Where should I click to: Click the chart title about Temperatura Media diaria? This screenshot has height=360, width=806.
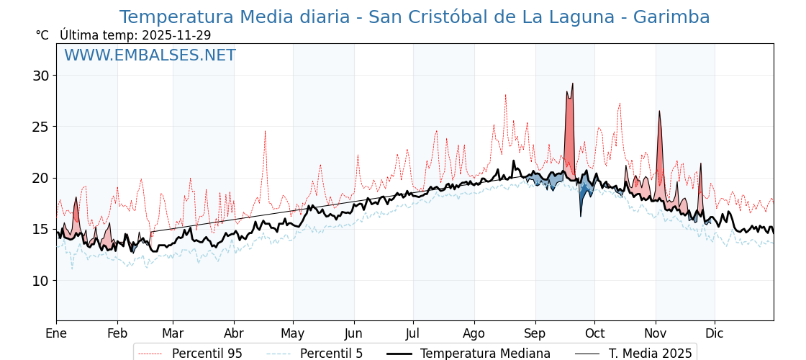pyautogui.click(x=415, y=17)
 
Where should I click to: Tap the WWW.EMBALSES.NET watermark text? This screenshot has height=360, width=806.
pyautogui.click(x=150, y=55)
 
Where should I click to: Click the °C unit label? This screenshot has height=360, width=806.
pyautogui.click(x=42, y=35)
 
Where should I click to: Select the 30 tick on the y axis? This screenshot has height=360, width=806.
pyautogui.click(x=41, y=76)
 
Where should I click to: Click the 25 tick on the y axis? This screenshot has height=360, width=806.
pyautogui.click(x=41, y=127)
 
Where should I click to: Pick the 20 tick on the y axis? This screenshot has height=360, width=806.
pyautogui.click(x=41, y=178)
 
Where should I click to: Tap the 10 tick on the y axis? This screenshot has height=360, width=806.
pyautogui.click(x=41, y=281)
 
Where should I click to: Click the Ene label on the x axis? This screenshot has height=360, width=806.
pyautogui.click(x=56, y=333)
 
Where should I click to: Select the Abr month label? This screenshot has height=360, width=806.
pyautogui.click(x=234, y=333)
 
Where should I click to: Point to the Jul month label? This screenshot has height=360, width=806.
pyautogui.click(x=413, y=333)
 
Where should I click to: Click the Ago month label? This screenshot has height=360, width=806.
pyautogui.click(x=474, y=333)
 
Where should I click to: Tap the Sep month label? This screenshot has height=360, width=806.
pyautogui.click(x=535, y=333)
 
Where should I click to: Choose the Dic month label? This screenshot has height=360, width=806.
pyautogui.click(x=715, y=333)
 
